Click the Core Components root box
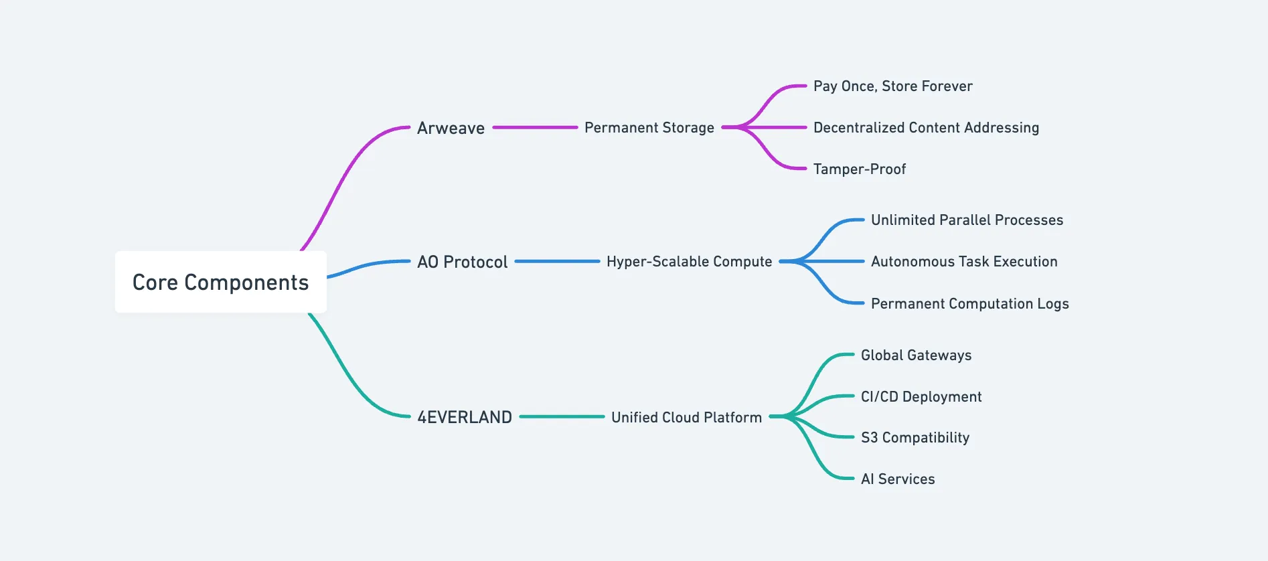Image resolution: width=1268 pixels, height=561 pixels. (x=221, y=282)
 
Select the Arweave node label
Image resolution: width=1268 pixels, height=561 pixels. (x=451, y=128)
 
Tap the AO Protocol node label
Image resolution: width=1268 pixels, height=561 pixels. (x=463, y=262)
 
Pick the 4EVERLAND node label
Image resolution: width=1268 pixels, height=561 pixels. (x=465, y=417)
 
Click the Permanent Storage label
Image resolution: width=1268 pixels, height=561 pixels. (x=649, y=127)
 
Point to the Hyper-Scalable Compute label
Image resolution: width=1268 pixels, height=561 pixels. (x=689, y=262)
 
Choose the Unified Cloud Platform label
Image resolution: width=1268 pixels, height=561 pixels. (x=686, y=417)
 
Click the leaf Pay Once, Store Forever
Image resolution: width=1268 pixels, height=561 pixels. (x=893, y=86)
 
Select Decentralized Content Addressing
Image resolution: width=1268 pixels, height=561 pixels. (x=926, y=127)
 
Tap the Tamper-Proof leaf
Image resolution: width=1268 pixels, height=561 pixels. (x=860, y=169)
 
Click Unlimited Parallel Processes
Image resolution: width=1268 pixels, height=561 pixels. (x=967, y=220)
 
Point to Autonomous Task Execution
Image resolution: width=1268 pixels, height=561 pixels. (x=964, y=261)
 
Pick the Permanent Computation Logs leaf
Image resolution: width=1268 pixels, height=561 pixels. (x=969, y=303)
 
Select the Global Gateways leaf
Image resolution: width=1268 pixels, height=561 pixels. (x=916, y=355)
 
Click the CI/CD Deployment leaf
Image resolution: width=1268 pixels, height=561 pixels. (x=921, y=396)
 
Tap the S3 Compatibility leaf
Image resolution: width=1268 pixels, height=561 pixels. (x=915, y=437)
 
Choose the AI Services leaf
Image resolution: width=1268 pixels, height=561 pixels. (x=898, y=479)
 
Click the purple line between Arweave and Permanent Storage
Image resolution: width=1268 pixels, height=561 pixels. (x=535, y=127)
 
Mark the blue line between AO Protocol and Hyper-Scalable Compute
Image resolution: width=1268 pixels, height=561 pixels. (x=557, y=261)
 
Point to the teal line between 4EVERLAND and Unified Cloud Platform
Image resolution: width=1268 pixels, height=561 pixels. (x=562, y=416)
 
